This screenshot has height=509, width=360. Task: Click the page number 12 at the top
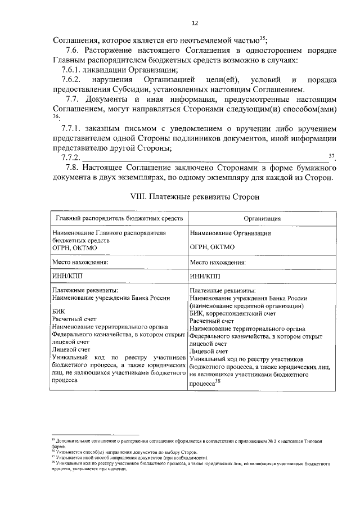click(x=195, y=23)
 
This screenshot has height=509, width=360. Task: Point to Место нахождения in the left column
click(x=80, y=262)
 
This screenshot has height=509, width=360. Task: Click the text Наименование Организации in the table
click(x=231, y=232)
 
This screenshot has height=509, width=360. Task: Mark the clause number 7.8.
click(x=72, y=167)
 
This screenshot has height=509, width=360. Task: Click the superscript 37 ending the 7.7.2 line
click(x=331, y=155)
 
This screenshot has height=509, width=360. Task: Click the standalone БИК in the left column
click(x=58, y=310)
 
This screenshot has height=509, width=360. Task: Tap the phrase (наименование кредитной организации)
click(x=247, y=305)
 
